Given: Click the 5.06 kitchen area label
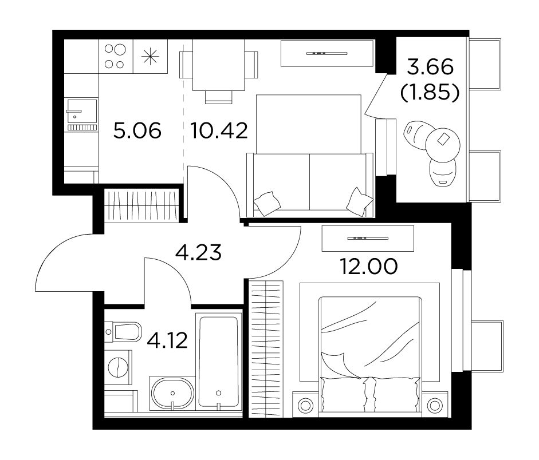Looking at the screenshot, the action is [x=137, y=131].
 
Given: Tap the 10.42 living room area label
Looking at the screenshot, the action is [x=219, y=131].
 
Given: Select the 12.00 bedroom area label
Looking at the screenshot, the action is [x=369, y=267].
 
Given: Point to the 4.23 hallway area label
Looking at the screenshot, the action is [x=198, y=253].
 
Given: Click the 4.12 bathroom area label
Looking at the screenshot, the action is [x=167, y=340].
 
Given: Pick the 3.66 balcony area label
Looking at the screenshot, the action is [x=430, y=67].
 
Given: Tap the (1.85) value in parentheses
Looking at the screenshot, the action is [x=430, y=92].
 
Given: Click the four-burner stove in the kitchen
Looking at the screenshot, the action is [x=116, y=56].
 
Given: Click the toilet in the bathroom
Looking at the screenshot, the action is [x=123, y=332].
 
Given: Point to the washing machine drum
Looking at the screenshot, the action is [x=117, y=367].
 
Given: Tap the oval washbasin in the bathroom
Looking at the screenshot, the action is [x=172, y=394].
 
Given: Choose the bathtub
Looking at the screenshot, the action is [x=219, y=362].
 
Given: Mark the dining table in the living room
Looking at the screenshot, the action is [x=219, y=65].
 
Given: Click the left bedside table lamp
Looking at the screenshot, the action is [x=305, y=406].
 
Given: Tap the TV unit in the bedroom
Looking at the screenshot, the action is [x=368, y=238].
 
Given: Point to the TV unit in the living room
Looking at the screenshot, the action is [x=327, y=53].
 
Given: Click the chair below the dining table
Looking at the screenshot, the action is [x=219, y=97].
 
